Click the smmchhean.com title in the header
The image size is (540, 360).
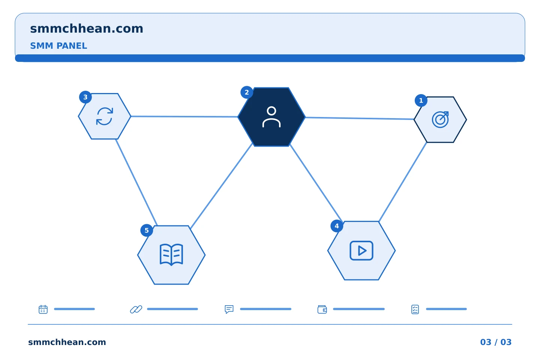click(x=87, y=29)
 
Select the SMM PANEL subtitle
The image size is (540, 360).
click(x=58, y=46)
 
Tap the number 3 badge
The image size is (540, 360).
click(x=85, y=97)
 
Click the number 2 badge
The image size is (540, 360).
click(x=247, y=92)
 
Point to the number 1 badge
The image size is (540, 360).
click(x=421, y=100)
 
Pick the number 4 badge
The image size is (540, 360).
click(x=337, y=226)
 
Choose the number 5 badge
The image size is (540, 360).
click(x=147, y=231)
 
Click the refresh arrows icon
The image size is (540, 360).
click(x=105, y=116)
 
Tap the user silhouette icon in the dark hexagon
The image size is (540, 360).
click(x=271, y=117)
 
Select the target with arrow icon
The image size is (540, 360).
click(x=440, y=120)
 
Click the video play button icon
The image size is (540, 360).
click(x=361, y=251)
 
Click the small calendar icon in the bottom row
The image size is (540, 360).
click(x=43, y=309)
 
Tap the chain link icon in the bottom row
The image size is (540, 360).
click(x=136, y=309)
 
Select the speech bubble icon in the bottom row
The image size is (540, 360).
click(x=229, y=309)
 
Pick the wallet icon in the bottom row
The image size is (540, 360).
click(x=322, y=309)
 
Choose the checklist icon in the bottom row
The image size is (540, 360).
click(x=415, y=309)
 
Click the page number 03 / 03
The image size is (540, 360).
click(x=496, y=342)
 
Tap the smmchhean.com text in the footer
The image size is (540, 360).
click(x=67, y=342)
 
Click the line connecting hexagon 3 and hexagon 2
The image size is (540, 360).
click(x=184, y=117)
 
